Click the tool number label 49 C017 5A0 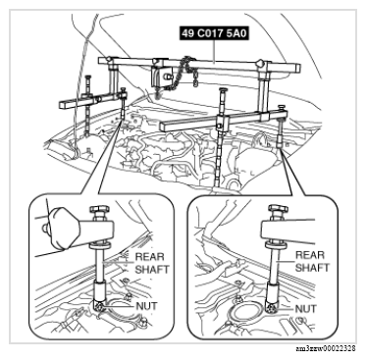(x=214, y=33)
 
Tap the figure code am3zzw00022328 (x=326, y=348)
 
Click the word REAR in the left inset (x=150, y=257)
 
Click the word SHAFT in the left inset (x=152, y=270)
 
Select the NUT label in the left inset (x=146, y=306)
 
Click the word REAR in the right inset (x=310, y=255)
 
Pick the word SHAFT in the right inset (x=312, y=268)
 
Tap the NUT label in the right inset (x=306, y=309)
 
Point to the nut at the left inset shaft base (x=98, y=305)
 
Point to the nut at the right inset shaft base (x=272, y=307)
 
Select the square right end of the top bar (x=296, y=68)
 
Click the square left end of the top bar (x=102, y=61)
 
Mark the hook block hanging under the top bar (x=161, y=77)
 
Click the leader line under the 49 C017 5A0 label (x=214, y=51)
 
